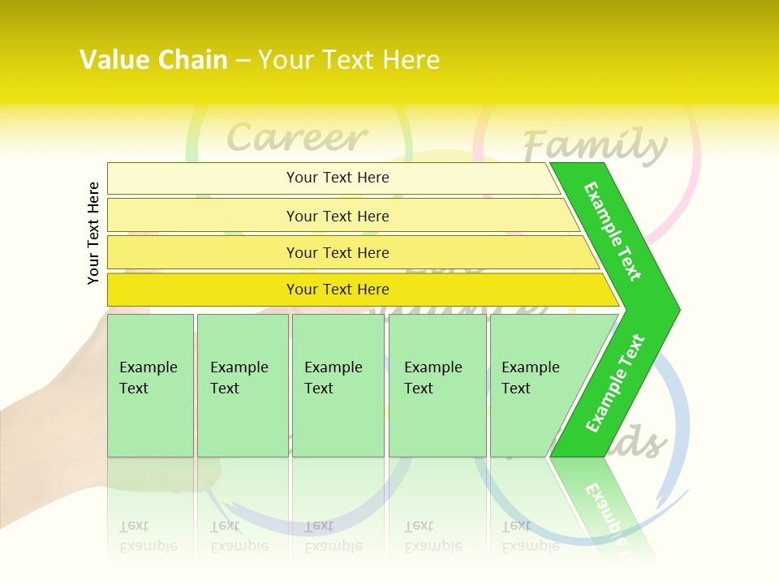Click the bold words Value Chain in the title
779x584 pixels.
point(153,60)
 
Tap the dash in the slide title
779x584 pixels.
point(243,60)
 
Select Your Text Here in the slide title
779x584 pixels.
point(349,60)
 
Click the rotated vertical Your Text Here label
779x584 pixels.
point(93,233)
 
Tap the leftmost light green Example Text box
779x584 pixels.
point(150,385)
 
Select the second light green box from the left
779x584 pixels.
point(243,385)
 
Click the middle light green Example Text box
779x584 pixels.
point(338,385)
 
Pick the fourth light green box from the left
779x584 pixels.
point(437,385)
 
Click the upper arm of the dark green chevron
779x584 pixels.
point(613,231)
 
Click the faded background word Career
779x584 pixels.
point(297,138)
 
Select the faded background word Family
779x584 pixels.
point(595,146)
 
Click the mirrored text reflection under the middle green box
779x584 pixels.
point(333,535)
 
